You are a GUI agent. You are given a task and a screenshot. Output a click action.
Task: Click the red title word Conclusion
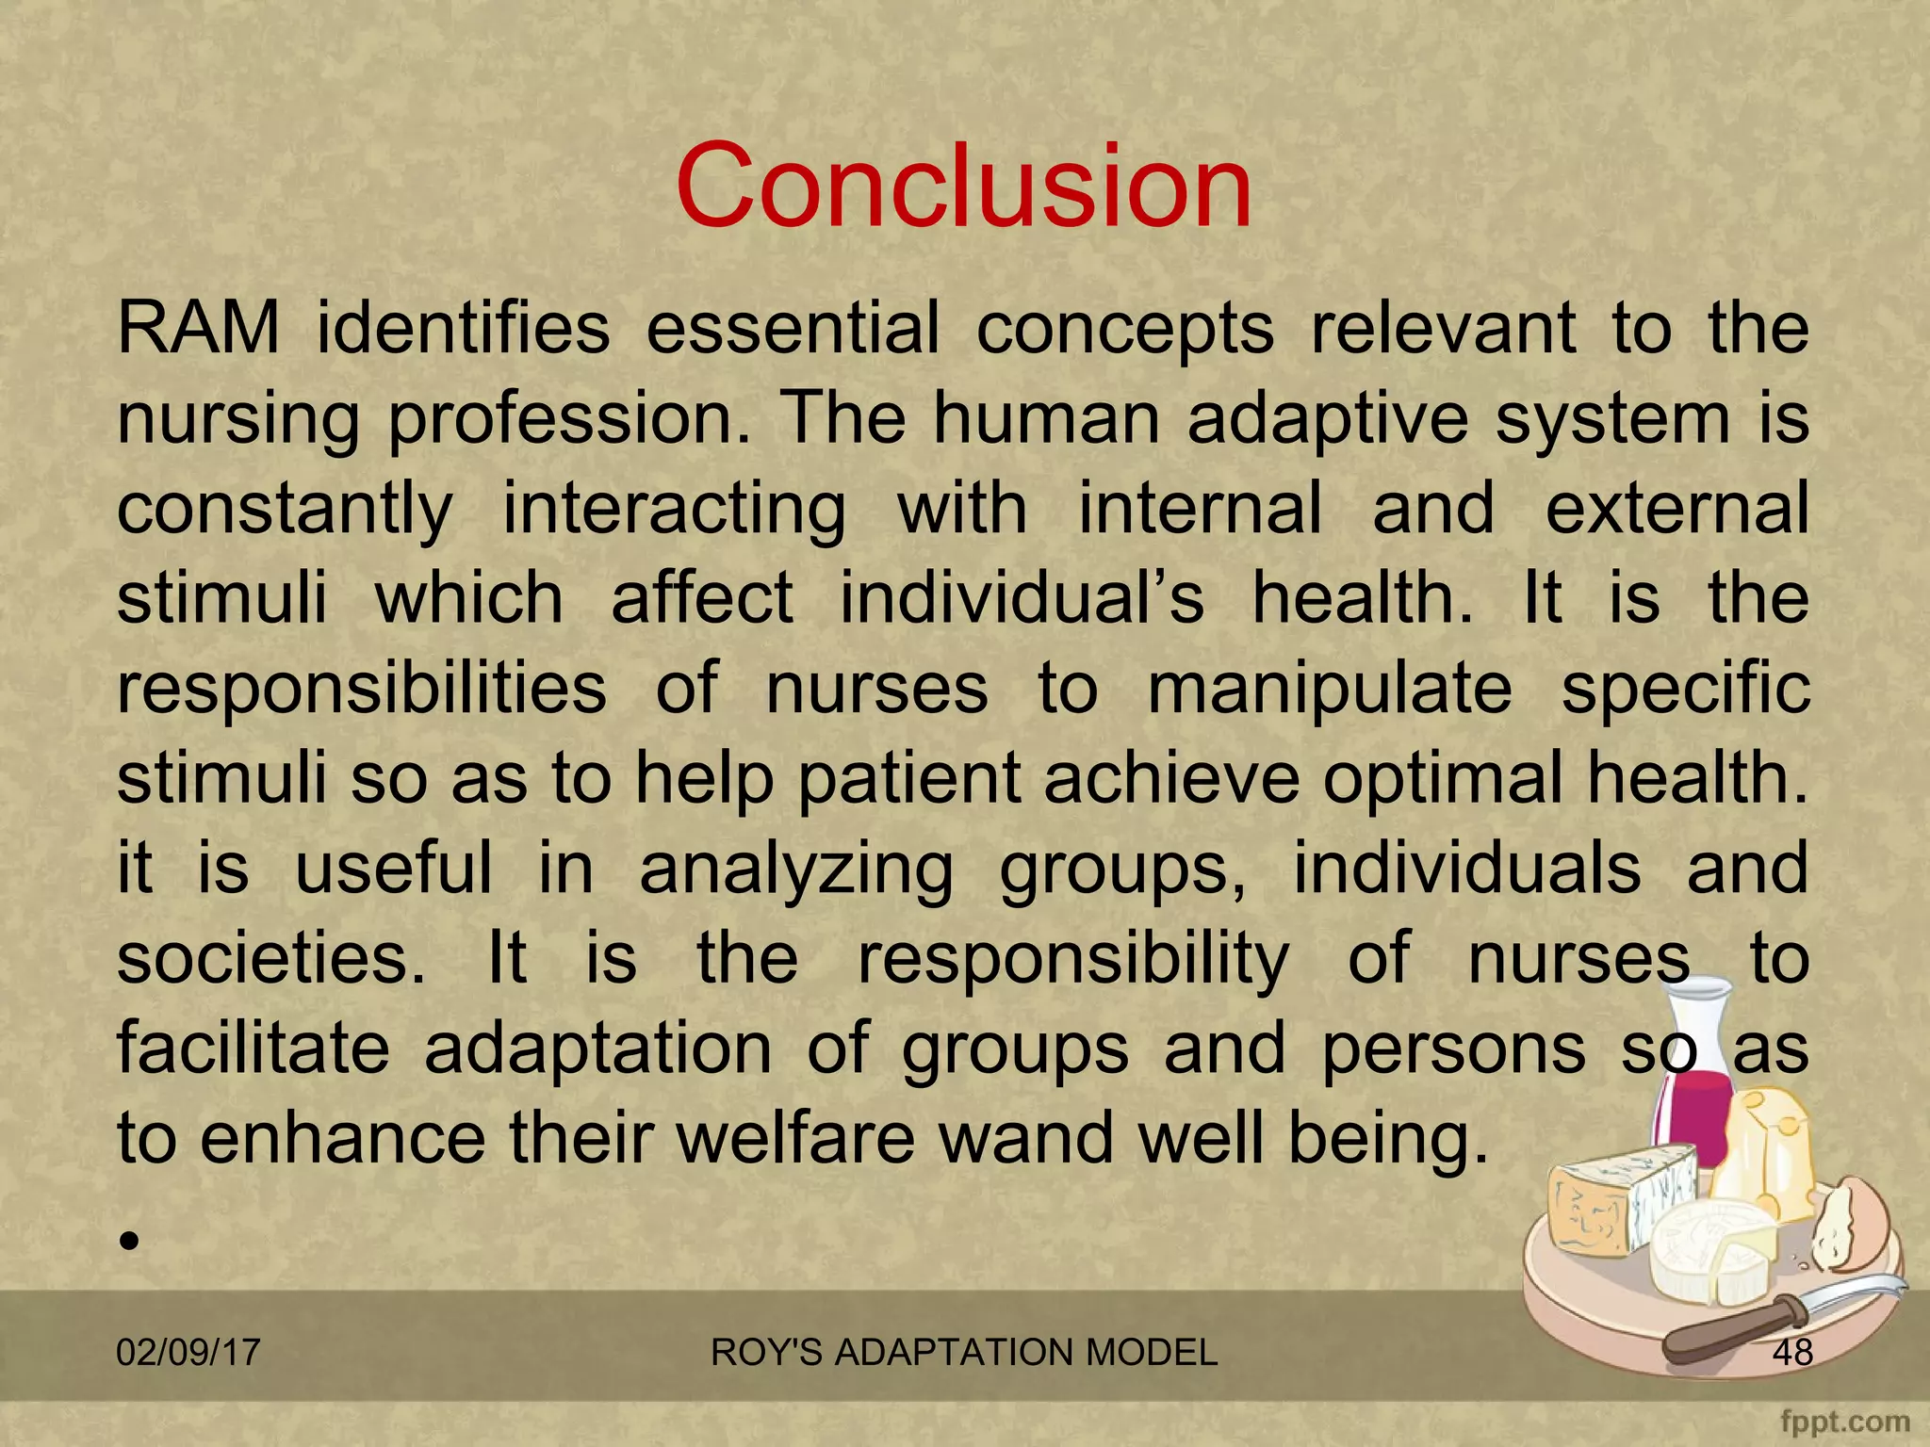tap(963, 186)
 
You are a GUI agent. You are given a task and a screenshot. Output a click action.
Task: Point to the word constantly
tap(285, 509)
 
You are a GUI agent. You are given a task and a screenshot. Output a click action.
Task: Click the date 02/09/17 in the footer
tap(188, 1353)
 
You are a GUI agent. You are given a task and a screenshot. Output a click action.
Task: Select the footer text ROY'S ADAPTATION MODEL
tap(963, 1353)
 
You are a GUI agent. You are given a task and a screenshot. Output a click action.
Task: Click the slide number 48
tap(1792, 1353)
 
